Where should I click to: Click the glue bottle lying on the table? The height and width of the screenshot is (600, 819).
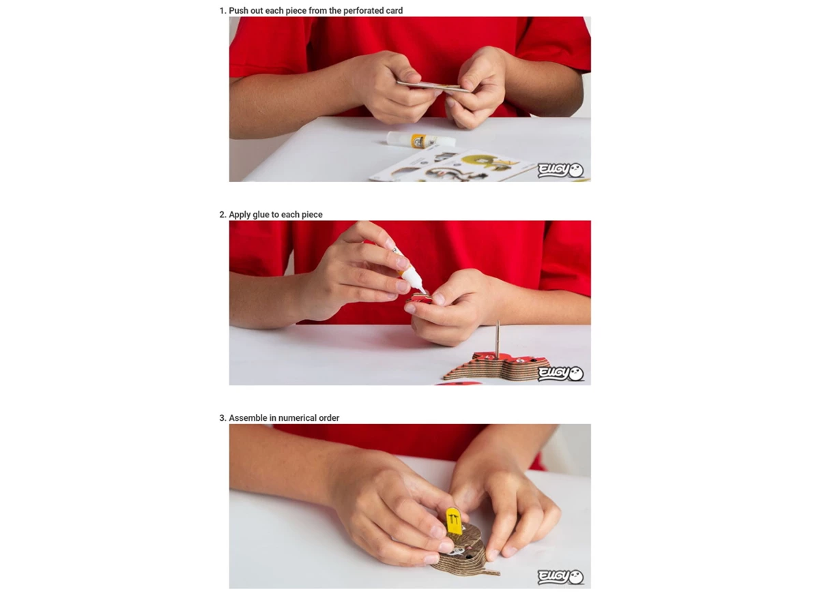(x=421, y=140)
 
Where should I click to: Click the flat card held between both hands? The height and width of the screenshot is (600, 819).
(x=433, y=87)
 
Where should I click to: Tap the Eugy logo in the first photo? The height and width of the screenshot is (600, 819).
(x=560, y=170)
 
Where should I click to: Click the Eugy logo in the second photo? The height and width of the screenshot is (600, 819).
(x=560, y=374)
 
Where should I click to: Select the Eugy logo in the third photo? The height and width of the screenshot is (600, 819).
(x=560, y=577)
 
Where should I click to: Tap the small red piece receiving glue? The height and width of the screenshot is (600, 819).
(x=419, y=298)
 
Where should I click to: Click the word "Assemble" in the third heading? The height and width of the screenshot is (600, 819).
(x=248, y=418)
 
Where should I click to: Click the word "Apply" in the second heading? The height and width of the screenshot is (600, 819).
(x=240, y=215)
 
